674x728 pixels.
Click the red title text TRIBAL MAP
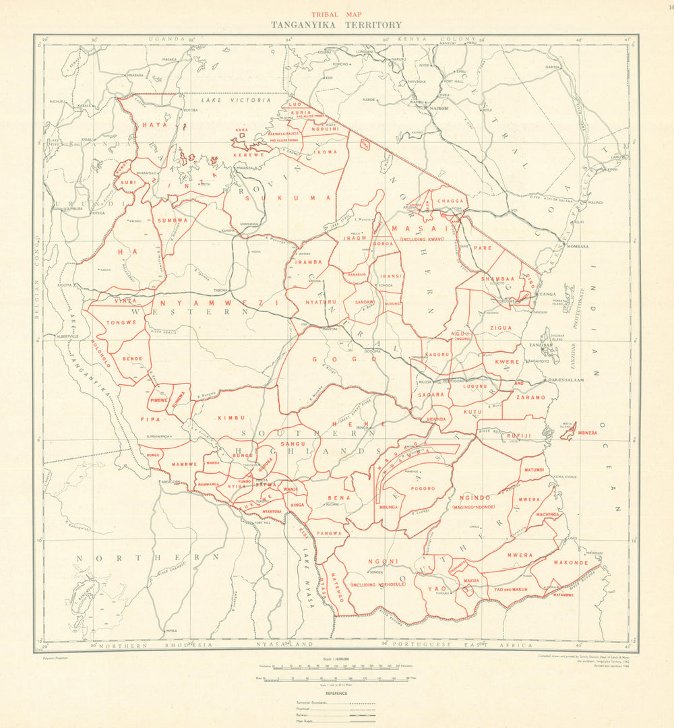click(336, 13)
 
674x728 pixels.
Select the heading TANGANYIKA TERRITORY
click(336, 25)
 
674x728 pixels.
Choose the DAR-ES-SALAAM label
click(565, 380)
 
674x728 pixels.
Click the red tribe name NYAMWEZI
click(219, 304)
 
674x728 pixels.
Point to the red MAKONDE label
click(571, 562)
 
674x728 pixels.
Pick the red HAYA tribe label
click(153, 125)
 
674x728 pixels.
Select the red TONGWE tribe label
click(121, 323)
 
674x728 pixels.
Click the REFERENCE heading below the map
click(336, 693)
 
